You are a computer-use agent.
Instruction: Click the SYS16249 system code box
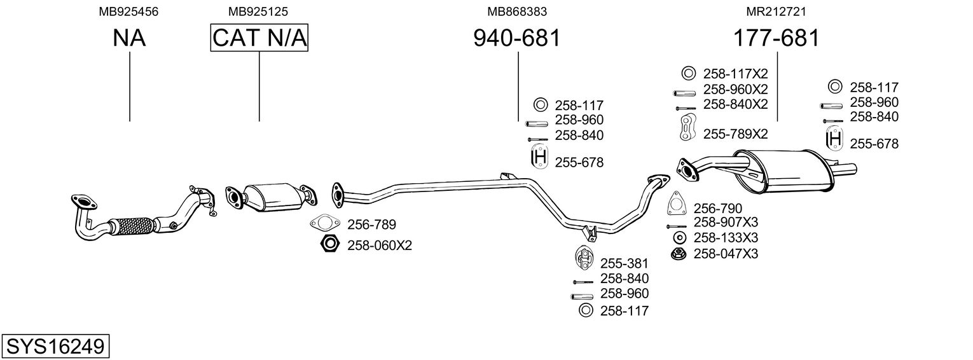(x=55, y=346)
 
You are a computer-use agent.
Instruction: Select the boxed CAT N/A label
(x=259, y=38)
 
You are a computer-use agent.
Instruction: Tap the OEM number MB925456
(x=128, y=11)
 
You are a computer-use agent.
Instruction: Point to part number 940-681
(x=517, y=38)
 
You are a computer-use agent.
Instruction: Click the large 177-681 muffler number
(x=776, y=38)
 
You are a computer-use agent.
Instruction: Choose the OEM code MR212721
(x=776, y=11)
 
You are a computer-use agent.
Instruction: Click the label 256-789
(x=371, y=225)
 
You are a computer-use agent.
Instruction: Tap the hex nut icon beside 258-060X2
(x=329, y=244)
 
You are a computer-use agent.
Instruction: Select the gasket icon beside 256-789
(x=324, y=223)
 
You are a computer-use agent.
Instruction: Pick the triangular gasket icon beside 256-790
(x=676, y=203)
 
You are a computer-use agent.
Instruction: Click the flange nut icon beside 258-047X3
(x=678, y=254)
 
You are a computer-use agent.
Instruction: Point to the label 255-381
(x=625, y=263)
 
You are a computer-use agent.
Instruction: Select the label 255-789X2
(x=735, y=134)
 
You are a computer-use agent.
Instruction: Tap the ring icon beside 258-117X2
(x=688, y=73)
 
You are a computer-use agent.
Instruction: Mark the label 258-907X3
(x=726, y=223)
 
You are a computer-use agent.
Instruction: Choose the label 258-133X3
(x=726, y=238)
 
